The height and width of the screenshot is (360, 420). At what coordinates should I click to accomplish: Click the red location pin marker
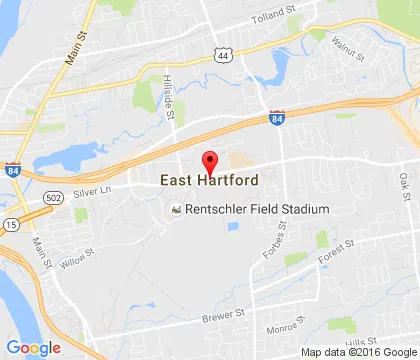click(x=210, y=162)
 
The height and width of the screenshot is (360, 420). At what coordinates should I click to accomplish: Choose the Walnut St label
click(x=352, y=41)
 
